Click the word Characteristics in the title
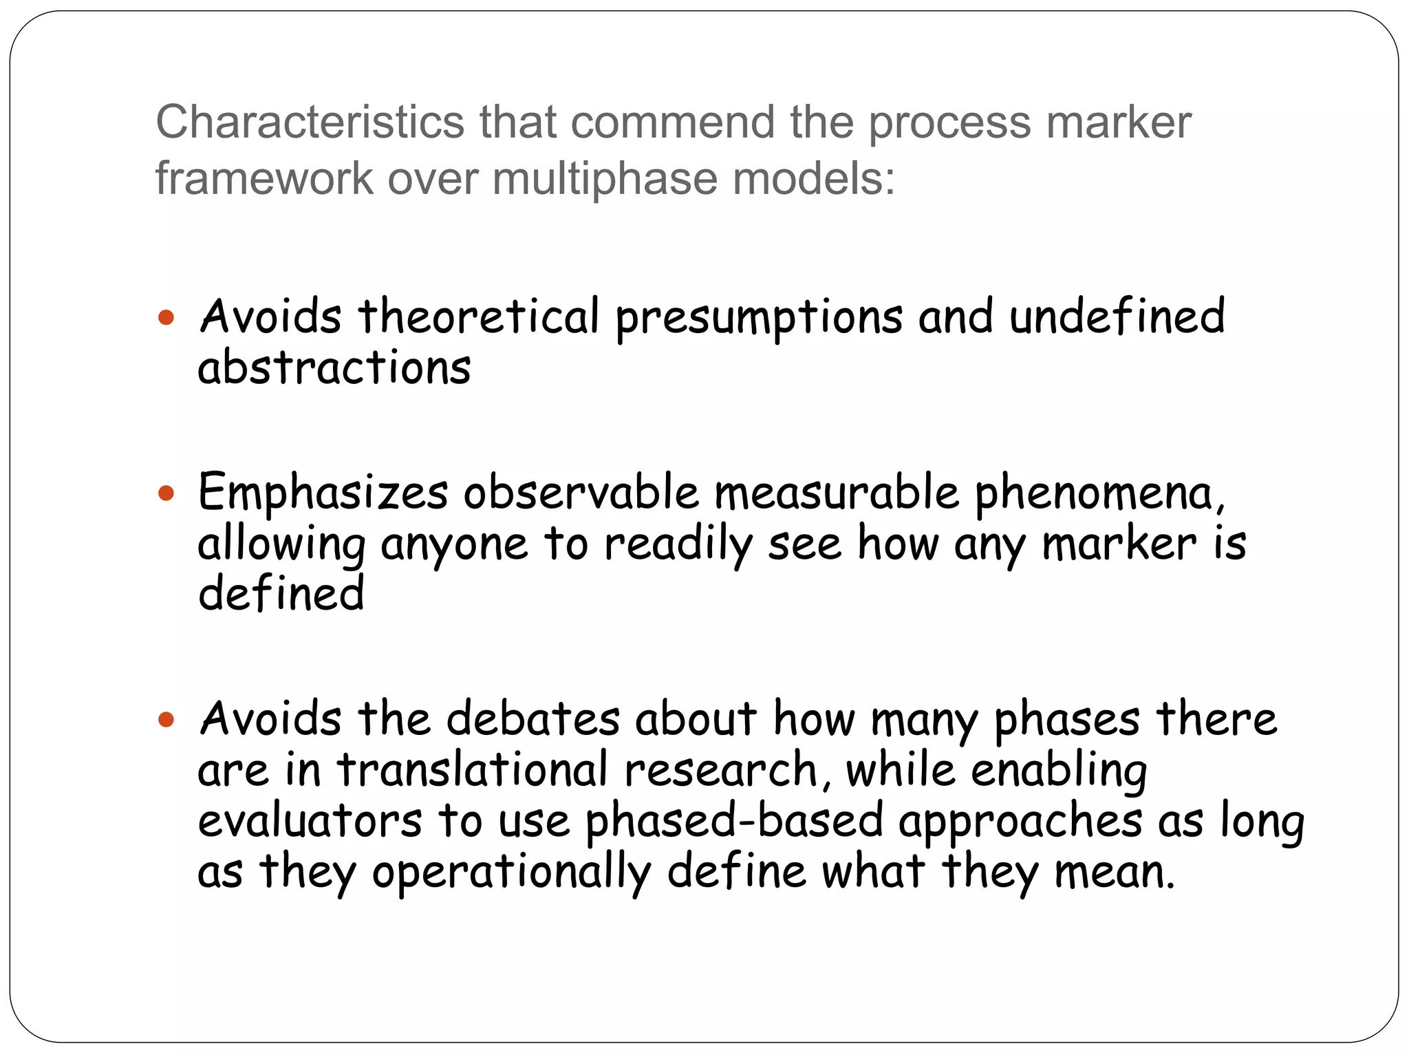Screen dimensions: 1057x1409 (x=310, y=122)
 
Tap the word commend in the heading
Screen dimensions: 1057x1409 (x=672, y=122)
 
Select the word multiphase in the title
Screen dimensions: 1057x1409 (x=605, y=179)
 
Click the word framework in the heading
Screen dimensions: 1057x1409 (x=264, y=179)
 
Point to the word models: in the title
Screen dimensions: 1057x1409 (x=814, y=179)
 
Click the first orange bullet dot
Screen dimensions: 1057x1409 (x=166, y=318)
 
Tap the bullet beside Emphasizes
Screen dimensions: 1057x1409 (x=166, y=493)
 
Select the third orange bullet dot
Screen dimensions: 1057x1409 (x=166, y=720)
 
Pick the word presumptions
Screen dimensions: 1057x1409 (x=759, y=318)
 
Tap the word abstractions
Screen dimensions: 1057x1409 (x=334, y=367)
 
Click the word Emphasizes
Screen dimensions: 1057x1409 (x=323, y=493)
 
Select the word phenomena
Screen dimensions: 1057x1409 (x=1099, y=494)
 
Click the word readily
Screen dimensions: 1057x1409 (x=678, y=545)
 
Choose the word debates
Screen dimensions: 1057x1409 (x=533, y=720)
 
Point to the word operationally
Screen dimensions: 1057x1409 (x=511, y=873)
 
